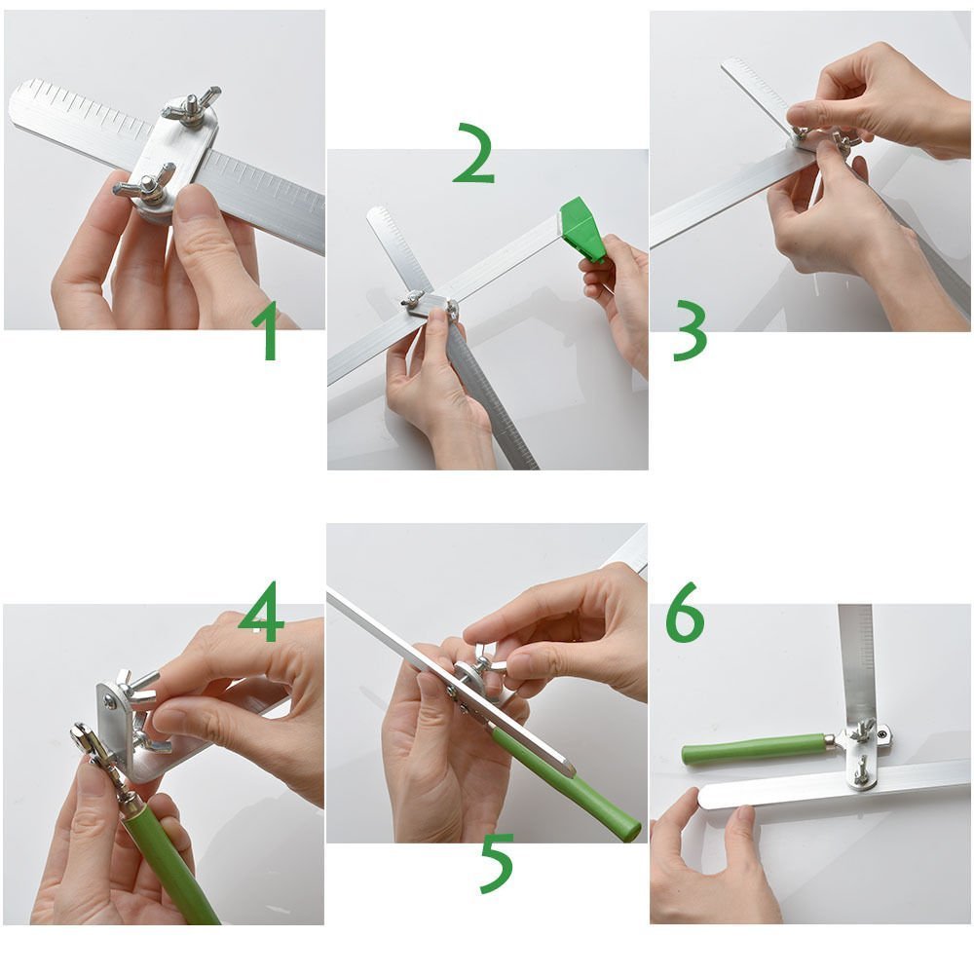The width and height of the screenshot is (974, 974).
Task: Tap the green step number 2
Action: (474, 153)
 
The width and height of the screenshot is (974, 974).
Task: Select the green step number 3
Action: (690, 330)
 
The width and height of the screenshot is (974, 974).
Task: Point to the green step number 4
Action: (261, 612)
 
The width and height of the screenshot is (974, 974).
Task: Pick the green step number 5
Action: (497, 863)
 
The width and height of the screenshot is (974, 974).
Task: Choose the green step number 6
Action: (685, 612)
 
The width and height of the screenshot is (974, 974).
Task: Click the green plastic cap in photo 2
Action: (583, 230)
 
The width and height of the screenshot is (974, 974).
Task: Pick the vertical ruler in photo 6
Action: (856, 664)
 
